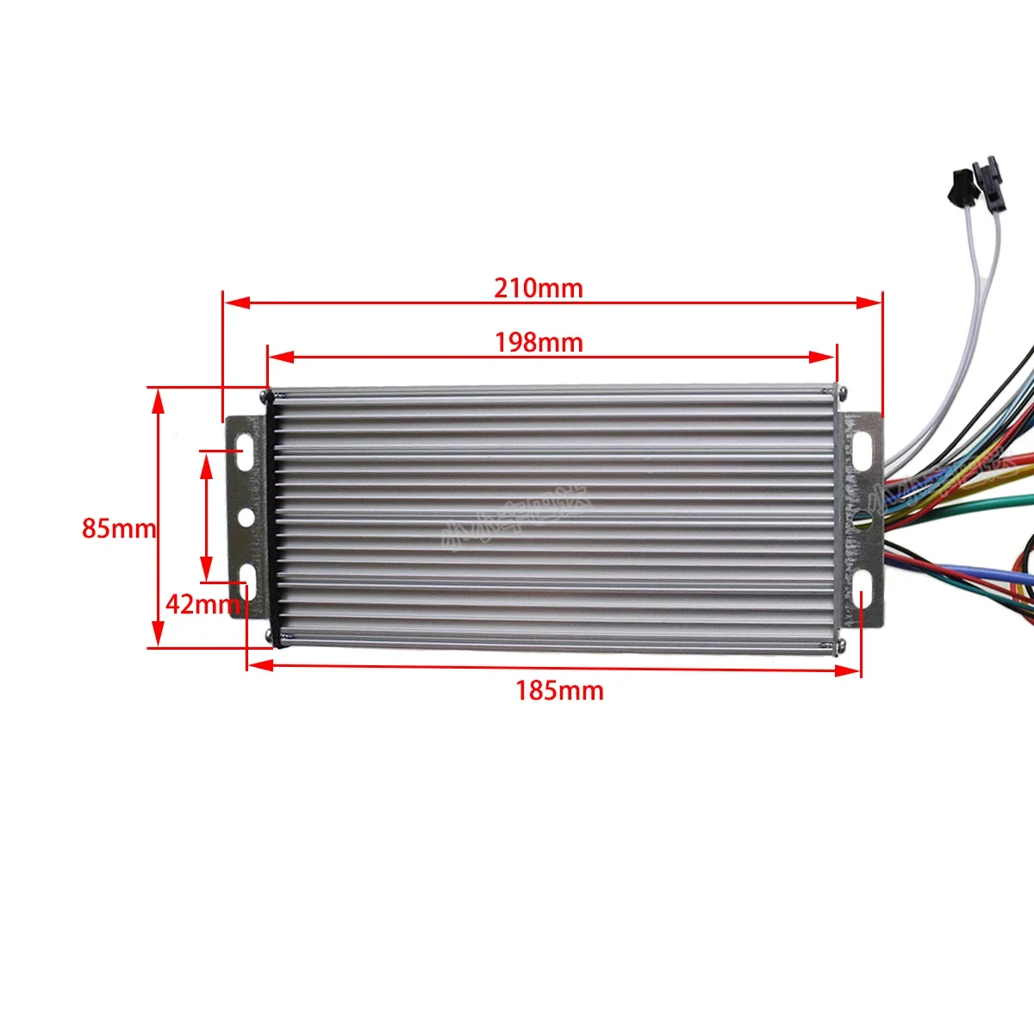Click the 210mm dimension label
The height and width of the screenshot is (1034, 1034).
pos(538,288)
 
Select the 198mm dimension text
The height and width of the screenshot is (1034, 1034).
pos(539,343)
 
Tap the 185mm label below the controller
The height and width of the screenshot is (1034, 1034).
pos(560,690)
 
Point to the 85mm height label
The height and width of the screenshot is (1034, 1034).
pos(119,527)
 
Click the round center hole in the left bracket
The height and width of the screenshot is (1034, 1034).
pos(244,517)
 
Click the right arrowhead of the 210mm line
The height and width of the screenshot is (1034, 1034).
pos(870,302)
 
